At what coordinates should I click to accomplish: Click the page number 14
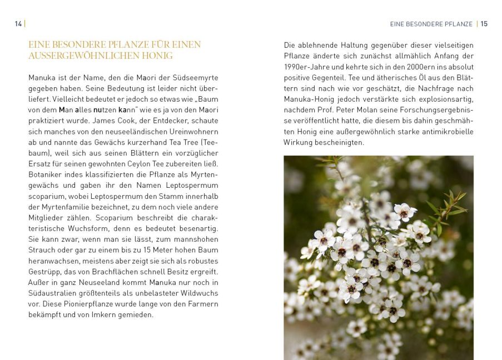click(18, 24)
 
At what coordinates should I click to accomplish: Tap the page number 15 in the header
click(484, 24)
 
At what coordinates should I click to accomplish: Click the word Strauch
click(43, 250)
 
